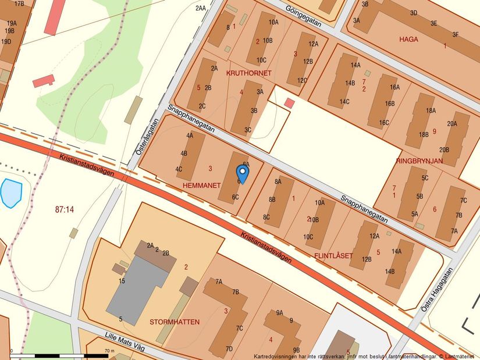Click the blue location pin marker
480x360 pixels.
(242, 173)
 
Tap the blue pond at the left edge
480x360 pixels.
(11, 193)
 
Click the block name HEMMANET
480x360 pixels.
(201, 184)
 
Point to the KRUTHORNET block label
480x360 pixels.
(249, 73)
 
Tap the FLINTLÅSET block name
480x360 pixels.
(334, 255)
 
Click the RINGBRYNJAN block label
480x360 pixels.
(419, 161)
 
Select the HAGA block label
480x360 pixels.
(409, 40)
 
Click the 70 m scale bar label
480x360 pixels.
(109, 351)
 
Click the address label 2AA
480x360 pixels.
(201, 8)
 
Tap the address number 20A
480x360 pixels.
(451, 123)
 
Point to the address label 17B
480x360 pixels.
(19, 3)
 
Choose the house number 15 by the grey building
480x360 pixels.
(122, 281)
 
